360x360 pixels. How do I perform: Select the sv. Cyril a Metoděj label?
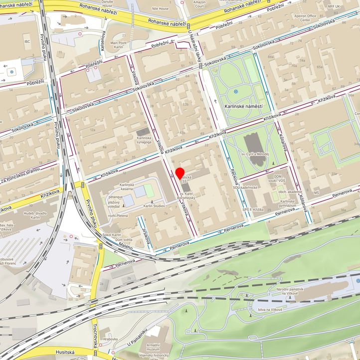point(254,155)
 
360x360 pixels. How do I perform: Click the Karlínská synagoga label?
point(144,140)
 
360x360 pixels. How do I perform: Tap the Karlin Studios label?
point(154,206)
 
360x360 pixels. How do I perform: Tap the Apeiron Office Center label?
point(305,18)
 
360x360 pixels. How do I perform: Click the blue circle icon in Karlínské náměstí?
point(235,92)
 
